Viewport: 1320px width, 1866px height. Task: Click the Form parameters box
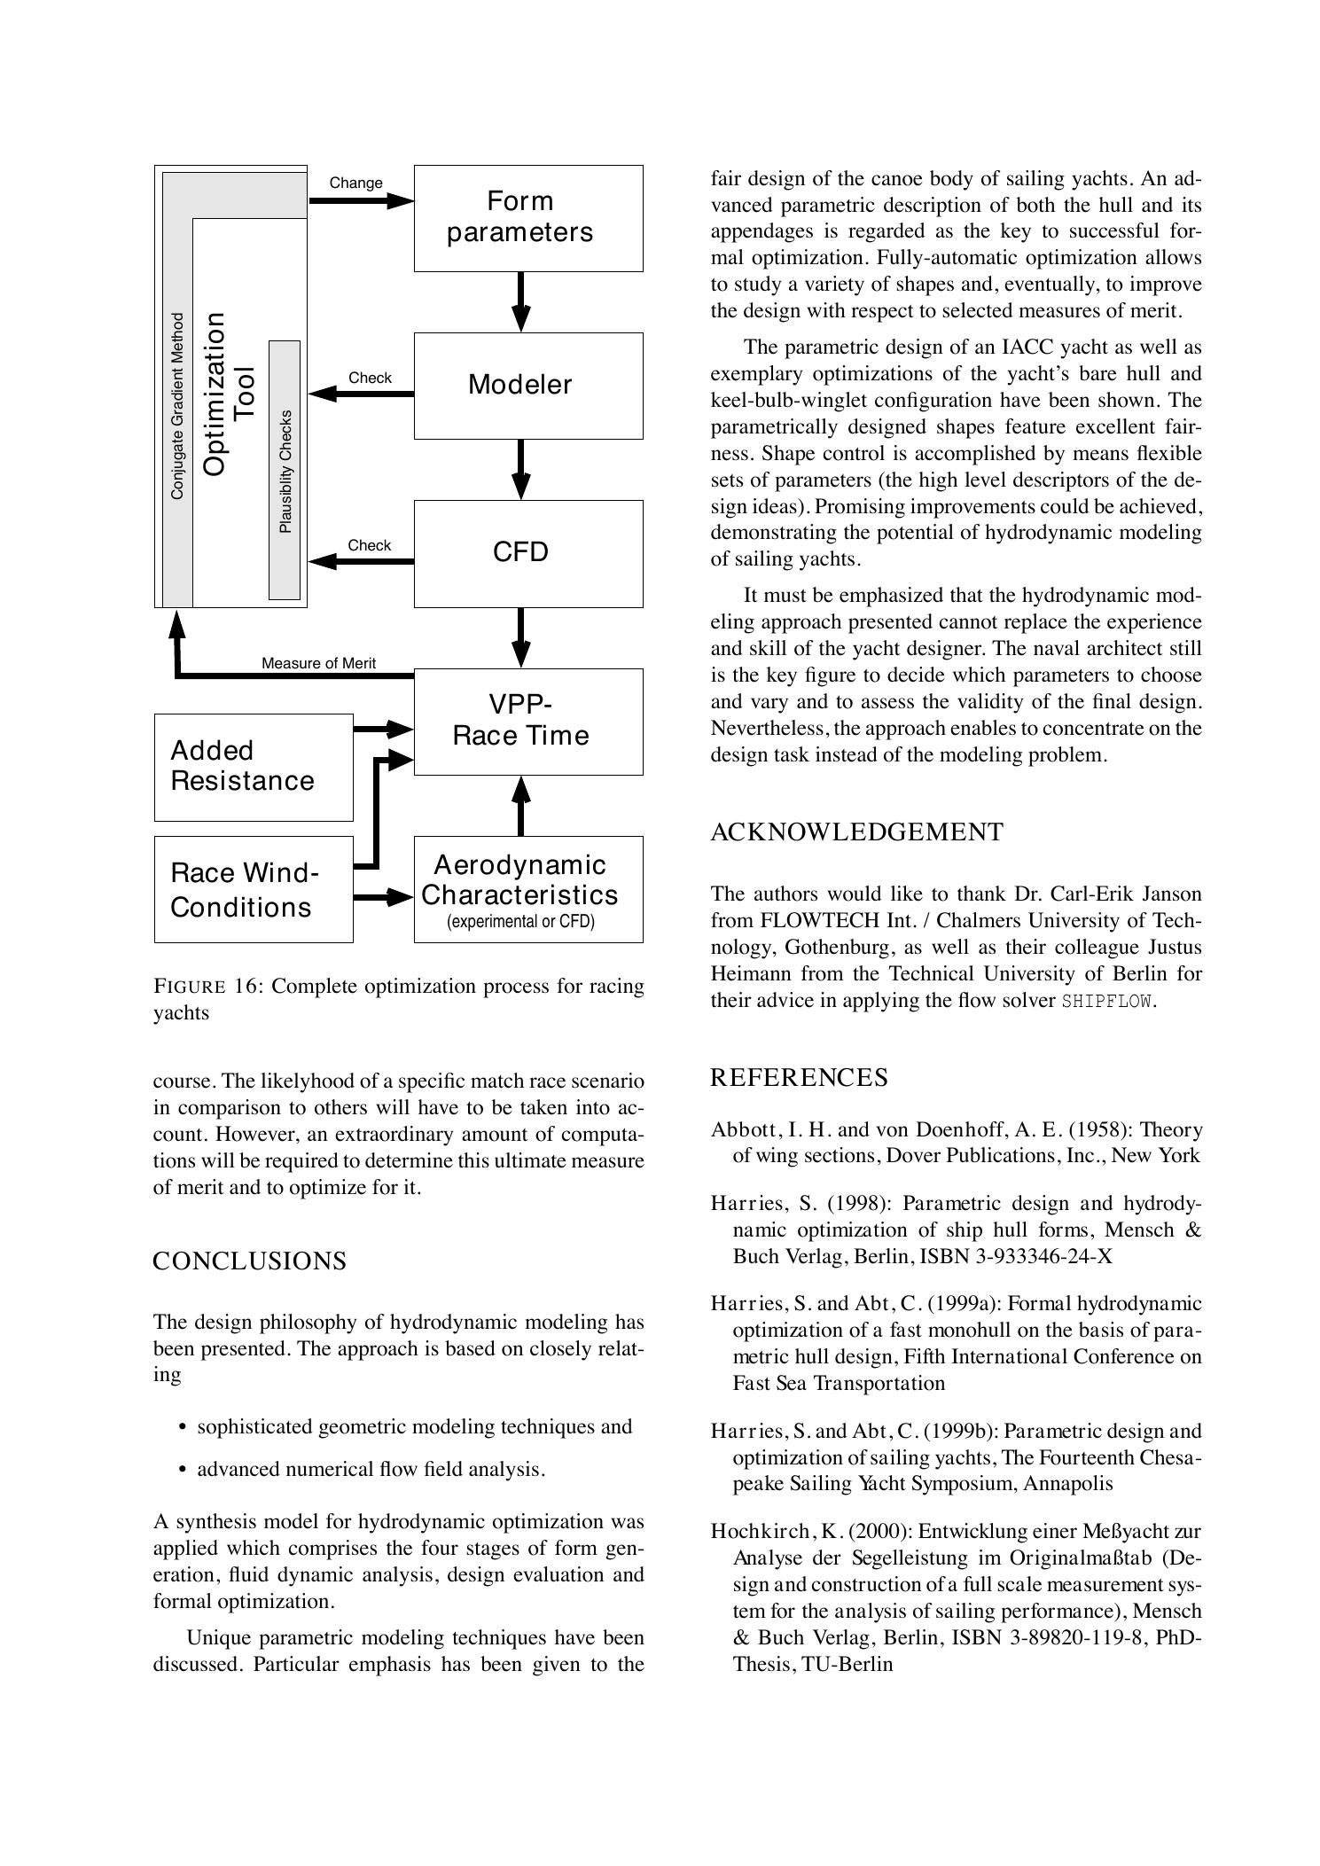tap(528, 217)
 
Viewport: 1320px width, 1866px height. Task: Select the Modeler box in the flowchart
tap(528, 386)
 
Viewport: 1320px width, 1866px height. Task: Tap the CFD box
tap(528, 553)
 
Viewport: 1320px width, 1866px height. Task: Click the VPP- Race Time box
tap(528, 721)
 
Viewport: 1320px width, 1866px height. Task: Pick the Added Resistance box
tap(253, 767)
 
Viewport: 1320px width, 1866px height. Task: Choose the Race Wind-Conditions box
tap(253, 889)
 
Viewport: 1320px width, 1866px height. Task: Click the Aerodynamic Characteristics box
tap(528, 889)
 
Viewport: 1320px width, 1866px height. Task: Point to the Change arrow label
tap(355, 183)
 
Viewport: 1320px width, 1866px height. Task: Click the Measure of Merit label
tap(318, 663)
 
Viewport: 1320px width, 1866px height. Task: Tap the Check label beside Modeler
tap(370, 378)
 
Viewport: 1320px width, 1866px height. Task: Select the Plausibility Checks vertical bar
tap(285, 470)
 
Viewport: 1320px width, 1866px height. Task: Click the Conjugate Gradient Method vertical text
tap(177, 406)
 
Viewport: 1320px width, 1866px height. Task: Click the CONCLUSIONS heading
tap(249, 1261)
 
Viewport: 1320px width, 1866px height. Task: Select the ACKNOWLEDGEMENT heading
tap(856, 832)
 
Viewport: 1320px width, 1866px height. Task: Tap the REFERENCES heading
tap(798, 1077)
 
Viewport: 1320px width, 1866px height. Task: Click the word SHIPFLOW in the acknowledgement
tap(1107, 1002)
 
